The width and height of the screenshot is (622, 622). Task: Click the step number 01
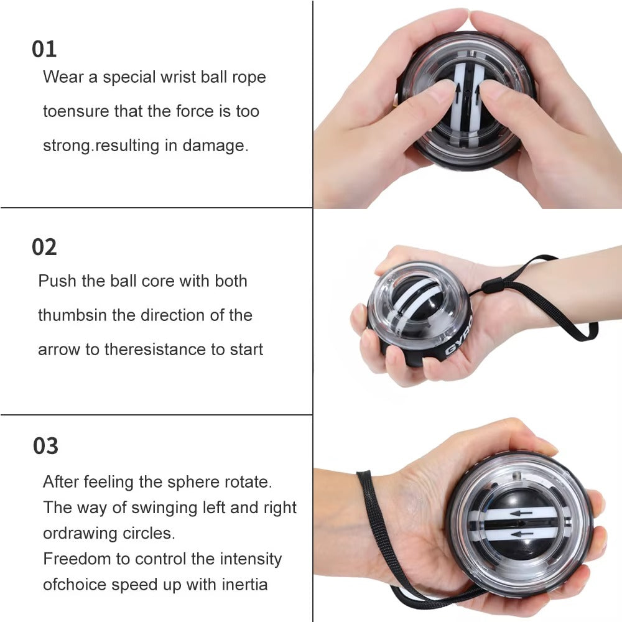[x=44, y=49]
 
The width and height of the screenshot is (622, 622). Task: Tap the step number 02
[x=44, y=247]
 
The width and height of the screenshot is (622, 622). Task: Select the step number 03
[x=45, y=446]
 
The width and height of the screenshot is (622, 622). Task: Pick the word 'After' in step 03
[x=61, y=482]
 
